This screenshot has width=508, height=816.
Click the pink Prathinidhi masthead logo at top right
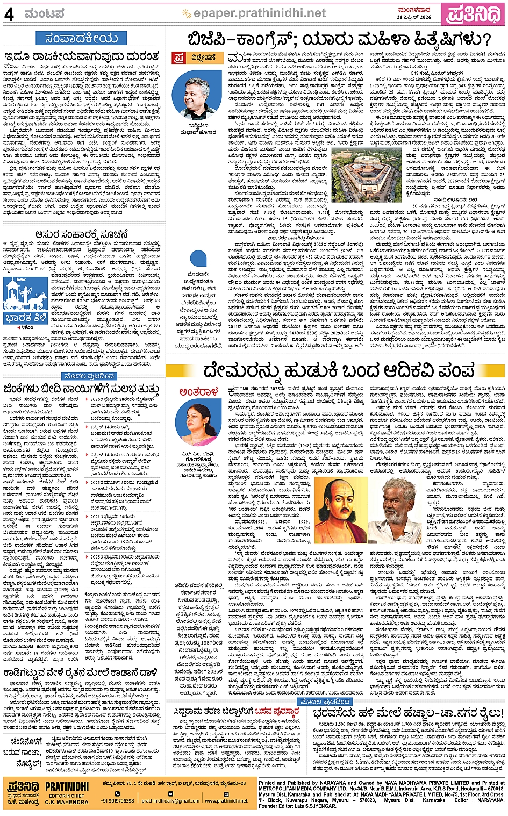pos(473,14)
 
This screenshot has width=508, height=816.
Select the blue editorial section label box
pos(81,38)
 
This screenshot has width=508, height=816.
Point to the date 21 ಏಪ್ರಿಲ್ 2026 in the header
pos(414,17)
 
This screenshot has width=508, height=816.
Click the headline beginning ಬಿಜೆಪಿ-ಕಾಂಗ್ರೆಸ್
pos(339,39)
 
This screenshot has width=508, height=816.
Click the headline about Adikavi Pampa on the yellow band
pos(339,371)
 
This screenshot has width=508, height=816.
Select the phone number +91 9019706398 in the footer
pos(117,800)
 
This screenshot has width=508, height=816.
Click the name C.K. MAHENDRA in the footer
pos(67,802)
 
